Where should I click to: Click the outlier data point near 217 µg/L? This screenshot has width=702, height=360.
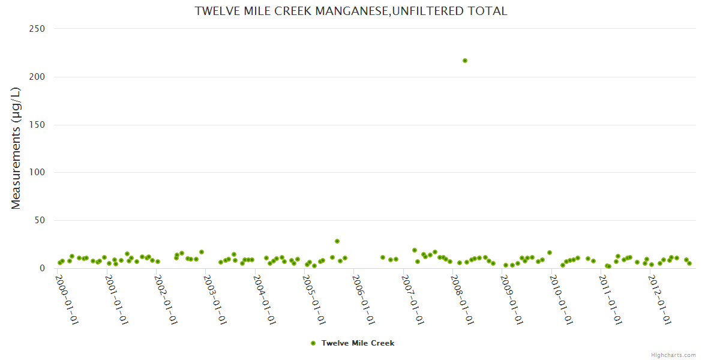point(465,61)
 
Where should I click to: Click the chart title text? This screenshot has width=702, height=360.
point(351,11)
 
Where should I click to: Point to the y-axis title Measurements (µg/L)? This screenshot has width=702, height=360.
point(16,148)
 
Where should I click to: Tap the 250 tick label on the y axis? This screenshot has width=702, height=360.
point(38,29)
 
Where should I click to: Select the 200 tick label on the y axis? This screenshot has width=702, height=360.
point(38,77)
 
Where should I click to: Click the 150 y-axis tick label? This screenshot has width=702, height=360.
point(38,125)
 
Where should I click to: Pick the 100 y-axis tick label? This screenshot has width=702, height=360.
point(38,173)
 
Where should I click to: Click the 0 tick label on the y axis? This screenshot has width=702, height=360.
point(43,268)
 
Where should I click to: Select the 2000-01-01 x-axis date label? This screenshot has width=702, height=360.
point(67,299)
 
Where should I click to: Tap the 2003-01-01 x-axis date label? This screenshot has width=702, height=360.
point(215,299)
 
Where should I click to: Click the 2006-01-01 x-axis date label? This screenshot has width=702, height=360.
point(364,299)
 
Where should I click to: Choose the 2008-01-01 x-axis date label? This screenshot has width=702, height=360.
point(463,299)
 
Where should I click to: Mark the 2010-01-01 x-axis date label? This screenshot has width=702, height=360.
point(562,299)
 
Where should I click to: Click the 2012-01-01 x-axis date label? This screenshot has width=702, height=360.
point(660,299)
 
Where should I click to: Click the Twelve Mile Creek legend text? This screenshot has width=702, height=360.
point(358,343)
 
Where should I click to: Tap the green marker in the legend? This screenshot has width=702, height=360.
point(313,343)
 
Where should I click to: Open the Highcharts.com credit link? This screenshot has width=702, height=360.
point(673,355)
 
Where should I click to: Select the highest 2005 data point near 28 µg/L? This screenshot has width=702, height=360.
point(337,241)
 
